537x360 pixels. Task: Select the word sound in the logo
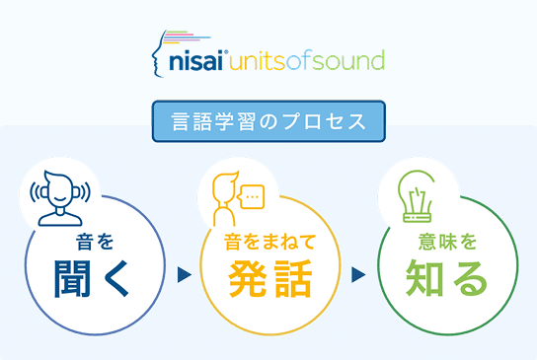click(348, 63)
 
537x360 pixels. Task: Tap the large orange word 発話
click(269, 279)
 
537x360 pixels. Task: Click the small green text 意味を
click(446, 240)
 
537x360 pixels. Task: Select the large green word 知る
click(446, 279)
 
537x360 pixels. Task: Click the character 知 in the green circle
click(425, 279)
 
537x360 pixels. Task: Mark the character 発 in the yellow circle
click(249, 279)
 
